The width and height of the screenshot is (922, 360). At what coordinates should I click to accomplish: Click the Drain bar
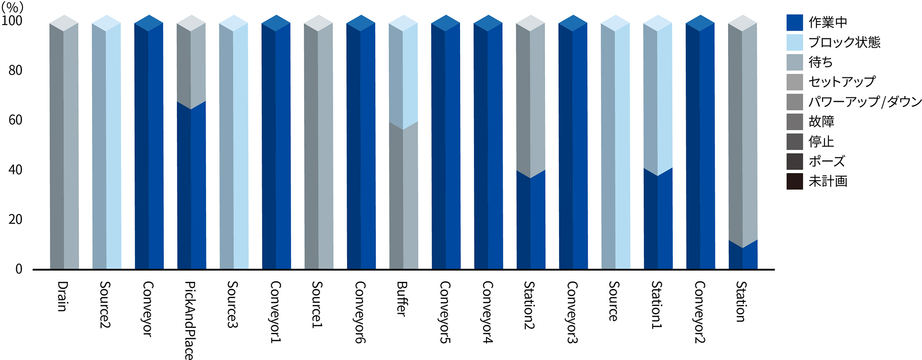click(x=64, y=144)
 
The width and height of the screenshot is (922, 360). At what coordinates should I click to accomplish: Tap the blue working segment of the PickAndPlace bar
click(x=191, y=187)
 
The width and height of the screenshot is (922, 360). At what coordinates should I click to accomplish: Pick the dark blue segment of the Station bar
click(x=743, y=257)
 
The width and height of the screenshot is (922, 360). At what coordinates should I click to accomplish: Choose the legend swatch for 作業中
click(x=795, y=23)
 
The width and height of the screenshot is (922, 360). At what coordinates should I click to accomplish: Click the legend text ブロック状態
click(x=844, y=42)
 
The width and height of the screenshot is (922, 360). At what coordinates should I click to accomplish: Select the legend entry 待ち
click(x=820, y=62)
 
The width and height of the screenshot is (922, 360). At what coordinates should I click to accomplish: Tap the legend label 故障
click(x=821, y=121)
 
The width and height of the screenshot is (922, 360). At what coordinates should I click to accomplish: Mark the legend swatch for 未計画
click(x=795, y=181)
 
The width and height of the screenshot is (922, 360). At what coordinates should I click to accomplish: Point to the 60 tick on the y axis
click(x=15, y=120)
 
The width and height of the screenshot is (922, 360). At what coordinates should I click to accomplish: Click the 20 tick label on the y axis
click(x=15, y=219)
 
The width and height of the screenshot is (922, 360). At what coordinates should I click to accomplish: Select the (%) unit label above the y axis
click(x=12, y=7)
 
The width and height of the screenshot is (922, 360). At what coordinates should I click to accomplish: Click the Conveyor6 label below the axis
click(x=360, y=312)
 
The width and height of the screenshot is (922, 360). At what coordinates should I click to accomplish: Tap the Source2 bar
click(x=106, y=144)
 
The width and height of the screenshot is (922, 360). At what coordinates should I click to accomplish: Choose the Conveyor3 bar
click(x=573, y=144)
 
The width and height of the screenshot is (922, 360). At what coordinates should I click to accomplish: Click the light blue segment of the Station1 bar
click(x=658, y=96)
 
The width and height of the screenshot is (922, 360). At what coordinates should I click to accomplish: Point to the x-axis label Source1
click(x=317, y=304)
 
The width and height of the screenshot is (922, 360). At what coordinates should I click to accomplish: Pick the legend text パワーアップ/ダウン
click(x=865, y=102)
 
